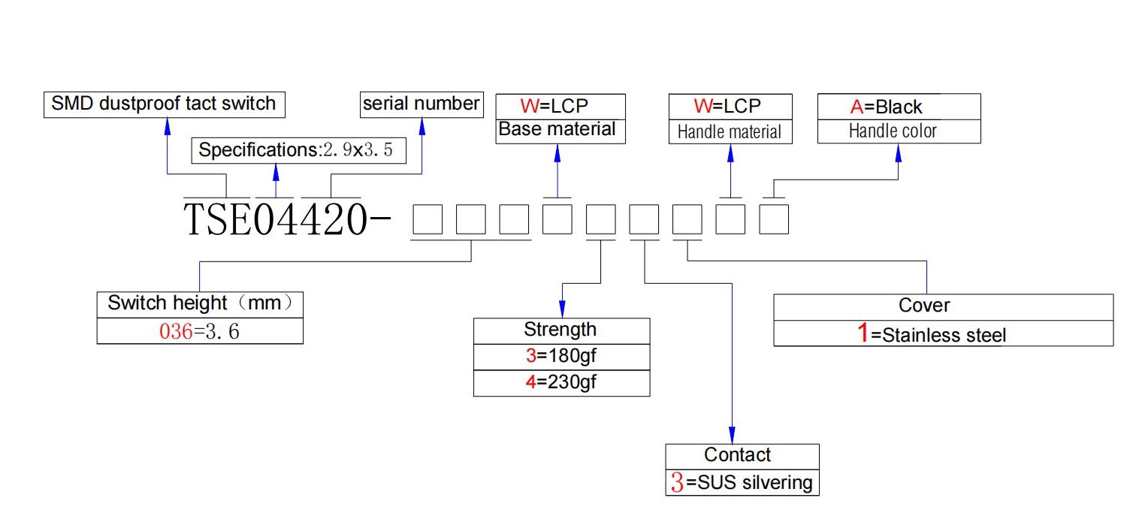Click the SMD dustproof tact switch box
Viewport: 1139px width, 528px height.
pos(165,104)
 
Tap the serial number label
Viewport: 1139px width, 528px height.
pos(421,104)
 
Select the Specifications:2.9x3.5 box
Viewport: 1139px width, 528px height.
pos(298,150)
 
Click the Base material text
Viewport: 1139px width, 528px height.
pos(557,129)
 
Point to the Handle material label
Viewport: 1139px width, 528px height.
pos(730,132)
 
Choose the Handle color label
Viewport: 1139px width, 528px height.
pos(893,131)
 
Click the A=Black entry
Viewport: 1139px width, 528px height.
pos(886,107)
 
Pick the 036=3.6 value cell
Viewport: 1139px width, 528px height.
pos(200,331)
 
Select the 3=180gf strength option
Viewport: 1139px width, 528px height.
pos(561,357)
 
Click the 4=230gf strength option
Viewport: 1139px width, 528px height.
pos(561,383)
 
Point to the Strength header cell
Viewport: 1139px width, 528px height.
pos(561,330)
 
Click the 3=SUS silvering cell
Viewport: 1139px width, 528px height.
pos(742,482)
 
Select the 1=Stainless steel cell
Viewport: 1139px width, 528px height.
pos(943,333)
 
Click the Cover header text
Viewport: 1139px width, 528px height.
pos(924,306)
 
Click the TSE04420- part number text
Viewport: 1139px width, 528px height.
pos(287,220)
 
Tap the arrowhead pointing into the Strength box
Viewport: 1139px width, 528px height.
pos(562,309)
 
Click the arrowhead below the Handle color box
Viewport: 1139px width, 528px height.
pos(898,153)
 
